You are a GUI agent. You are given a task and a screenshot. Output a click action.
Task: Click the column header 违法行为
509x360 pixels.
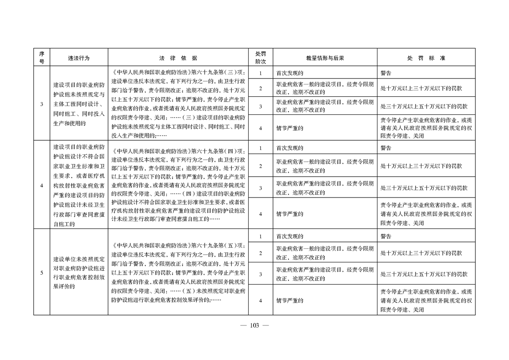coord(79,58)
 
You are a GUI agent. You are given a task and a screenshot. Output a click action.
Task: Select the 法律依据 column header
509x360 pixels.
coord(178,58)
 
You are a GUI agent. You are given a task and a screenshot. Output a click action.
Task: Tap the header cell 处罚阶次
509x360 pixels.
coord(260,58)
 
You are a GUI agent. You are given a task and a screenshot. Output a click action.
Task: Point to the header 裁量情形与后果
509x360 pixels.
coord(325,58)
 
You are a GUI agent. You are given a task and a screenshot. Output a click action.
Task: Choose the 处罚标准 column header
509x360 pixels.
coord(426,58)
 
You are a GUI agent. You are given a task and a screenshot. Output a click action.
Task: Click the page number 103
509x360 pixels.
coord(254,325)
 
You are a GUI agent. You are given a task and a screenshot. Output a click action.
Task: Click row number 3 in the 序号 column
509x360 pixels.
coord(42,104)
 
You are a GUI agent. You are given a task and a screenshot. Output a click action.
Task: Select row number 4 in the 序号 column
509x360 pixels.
coord(42,185)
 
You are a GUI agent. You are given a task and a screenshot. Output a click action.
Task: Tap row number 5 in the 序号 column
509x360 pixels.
coord(42,273)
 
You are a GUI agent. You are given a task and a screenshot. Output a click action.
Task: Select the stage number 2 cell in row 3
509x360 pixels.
coord(260,88)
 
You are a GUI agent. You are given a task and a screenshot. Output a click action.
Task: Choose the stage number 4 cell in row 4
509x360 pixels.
coord(260,213)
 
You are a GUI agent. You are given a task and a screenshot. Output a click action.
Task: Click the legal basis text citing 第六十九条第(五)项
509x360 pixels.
coord(178,273)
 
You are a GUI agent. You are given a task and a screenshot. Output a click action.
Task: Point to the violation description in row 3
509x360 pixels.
coord(79,104)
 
